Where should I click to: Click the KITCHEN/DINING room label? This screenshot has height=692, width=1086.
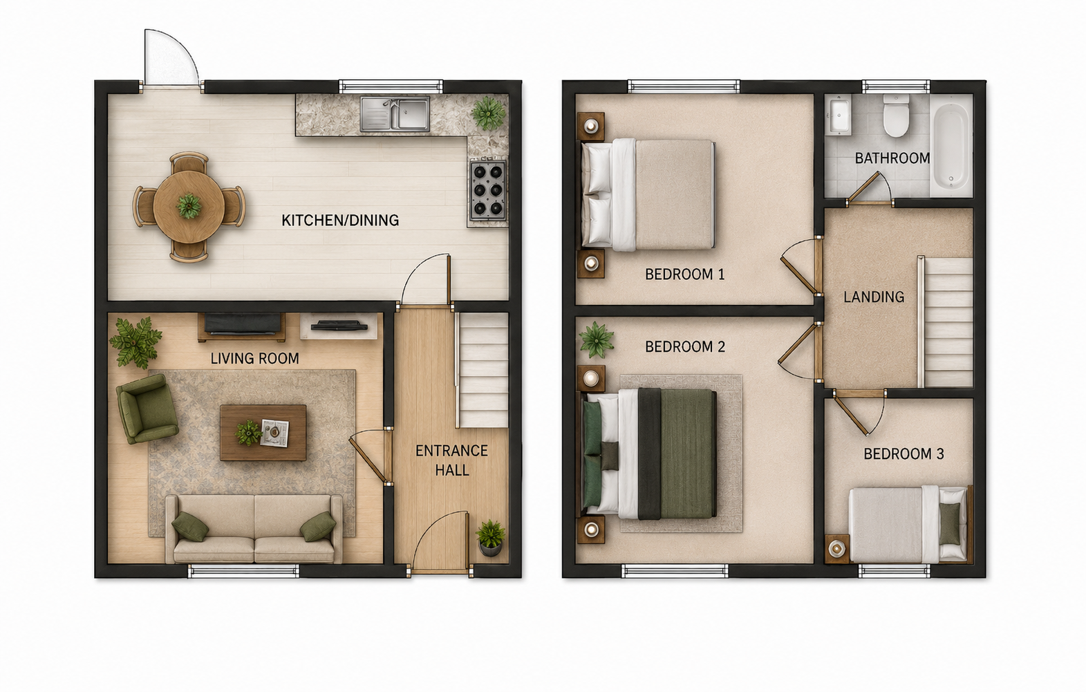340,220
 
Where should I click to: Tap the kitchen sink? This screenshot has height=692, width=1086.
395,113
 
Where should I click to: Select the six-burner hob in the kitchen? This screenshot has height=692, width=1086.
488,191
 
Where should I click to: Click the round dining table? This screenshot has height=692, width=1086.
189,207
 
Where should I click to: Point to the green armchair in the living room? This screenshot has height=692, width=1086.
147,409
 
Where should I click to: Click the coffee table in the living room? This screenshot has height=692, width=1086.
263,433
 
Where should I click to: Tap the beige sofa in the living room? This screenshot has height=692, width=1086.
254,529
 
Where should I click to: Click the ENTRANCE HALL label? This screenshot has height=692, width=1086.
451,460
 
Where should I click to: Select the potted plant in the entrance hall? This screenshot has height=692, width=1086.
490,538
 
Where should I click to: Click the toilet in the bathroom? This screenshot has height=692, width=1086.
895,115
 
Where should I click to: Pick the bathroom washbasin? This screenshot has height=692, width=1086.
839,115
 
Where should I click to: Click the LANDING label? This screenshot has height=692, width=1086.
874,297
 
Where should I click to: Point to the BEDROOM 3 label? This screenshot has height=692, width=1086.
904,454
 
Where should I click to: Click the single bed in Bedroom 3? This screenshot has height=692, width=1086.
910,525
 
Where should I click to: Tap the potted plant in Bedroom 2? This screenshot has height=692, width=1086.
597,340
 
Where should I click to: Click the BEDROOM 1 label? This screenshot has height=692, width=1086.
684,274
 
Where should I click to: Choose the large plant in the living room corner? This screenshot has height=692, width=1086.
135,342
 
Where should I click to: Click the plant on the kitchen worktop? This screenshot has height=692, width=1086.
489,113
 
